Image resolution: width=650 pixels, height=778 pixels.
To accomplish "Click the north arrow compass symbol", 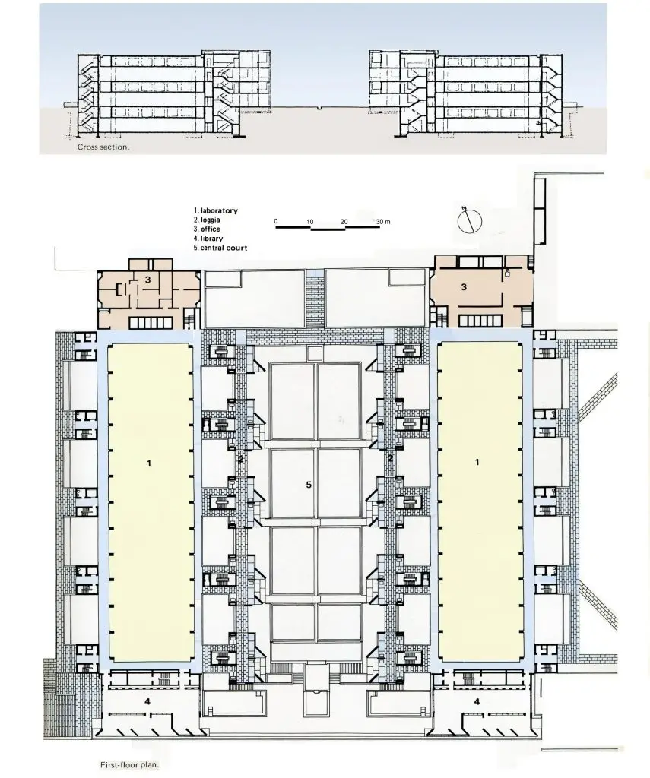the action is [470, 221].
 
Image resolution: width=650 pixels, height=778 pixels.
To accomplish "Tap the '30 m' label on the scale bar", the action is [383, 222].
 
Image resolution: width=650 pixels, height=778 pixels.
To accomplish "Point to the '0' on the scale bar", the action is [276, 221].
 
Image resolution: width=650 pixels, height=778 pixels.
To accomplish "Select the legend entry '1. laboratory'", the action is [215, 210].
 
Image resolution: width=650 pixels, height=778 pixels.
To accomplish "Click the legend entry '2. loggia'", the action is [207, 220].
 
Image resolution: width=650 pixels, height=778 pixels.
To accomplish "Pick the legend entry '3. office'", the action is [207, 229].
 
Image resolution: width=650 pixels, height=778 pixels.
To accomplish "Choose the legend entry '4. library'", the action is [208, 239].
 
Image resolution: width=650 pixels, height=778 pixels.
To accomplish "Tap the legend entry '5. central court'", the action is [220, 248].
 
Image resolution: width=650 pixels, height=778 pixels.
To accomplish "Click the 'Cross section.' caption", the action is [103, 147].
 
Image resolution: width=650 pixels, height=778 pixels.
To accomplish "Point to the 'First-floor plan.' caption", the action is [129, 764].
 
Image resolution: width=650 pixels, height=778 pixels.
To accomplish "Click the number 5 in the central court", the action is [309, 485].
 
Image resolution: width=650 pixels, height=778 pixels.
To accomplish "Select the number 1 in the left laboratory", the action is [148, 463].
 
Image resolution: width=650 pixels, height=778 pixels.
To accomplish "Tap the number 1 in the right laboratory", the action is [477, 462].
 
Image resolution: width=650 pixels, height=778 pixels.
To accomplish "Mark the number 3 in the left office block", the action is [147, 280].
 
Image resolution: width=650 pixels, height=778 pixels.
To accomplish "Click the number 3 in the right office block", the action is [464, 286].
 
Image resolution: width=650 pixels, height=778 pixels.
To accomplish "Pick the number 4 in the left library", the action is [147, 701].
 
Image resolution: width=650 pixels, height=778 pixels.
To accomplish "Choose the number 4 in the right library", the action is [477, 701].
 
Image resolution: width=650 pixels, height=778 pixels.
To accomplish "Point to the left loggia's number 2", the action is [240, 459].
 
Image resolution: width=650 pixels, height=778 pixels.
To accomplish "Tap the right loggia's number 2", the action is [390, 458].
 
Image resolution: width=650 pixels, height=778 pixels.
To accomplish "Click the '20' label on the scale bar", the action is [344, 222].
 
